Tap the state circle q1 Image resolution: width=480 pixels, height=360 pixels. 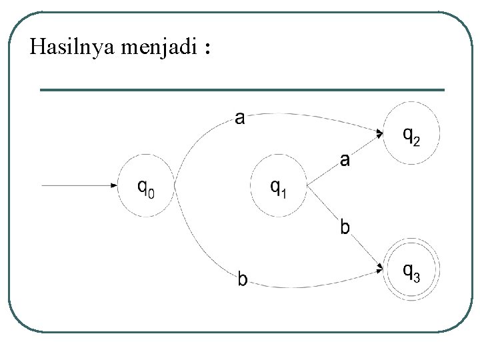[x=279, y=186]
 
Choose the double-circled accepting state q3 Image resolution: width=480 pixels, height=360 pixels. [x=411, y=269]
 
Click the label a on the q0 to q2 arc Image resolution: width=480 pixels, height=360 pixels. [x=240, y=119]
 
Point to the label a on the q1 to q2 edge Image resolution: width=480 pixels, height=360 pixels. [x=345, y=159]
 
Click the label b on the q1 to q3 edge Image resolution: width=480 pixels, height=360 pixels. [x=345, y=227]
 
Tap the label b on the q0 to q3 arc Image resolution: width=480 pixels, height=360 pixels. [x=243, y=279]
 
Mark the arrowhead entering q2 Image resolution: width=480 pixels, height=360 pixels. [x=379, y=133]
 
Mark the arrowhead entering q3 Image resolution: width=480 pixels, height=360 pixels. [x=379, y=269]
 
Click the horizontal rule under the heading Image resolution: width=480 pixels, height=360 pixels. [x=242, y=89]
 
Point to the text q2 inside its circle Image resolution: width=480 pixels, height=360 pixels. [x=411, y=135]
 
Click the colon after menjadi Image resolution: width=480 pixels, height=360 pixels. [x=209, y=50]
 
